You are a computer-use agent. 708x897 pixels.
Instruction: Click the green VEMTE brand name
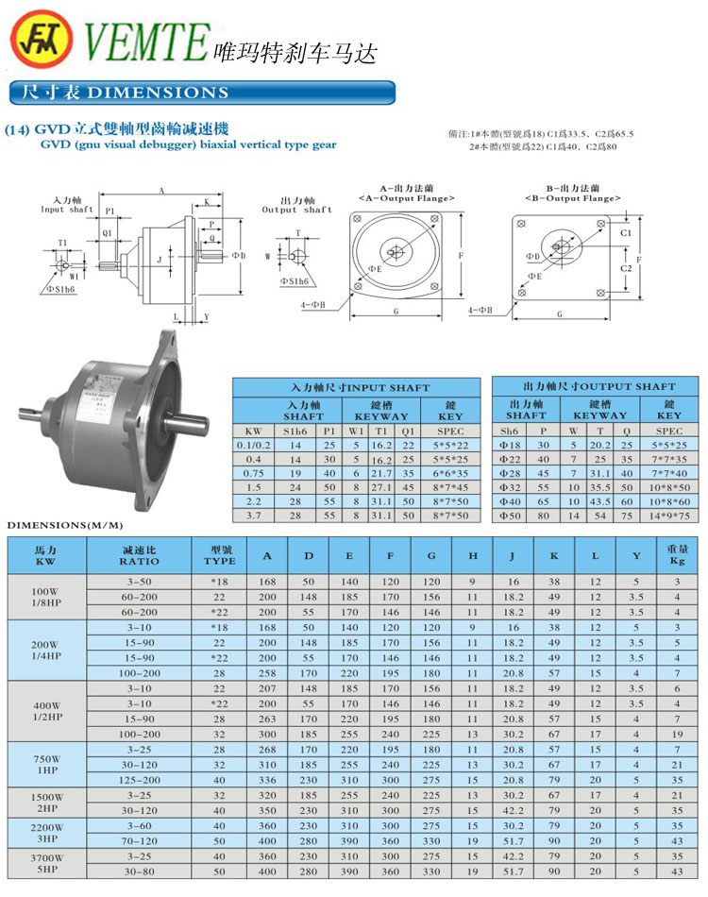click(146, 42)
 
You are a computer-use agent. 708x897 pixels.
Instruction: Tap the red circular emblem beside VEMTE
click(42, 42)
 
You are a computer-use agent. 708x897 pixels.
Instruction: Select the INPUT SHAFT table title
click(359, 387)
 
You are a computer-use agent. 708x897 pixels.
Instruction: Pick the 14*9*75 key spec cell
click(668, 516)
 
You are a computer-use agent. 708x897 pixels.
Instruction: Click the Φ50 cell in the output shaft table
click(511, 516)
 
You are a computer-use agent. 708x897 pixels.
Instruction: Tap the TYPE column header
click(219, 556)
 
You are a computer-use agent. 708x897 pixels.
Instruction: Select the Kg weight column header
click(677, 556)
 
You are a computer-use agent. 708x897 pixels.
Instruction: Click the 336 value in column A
click(268, 780)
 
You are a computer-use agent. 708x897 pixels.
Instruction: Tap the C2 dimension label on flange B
click(625, 268)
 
